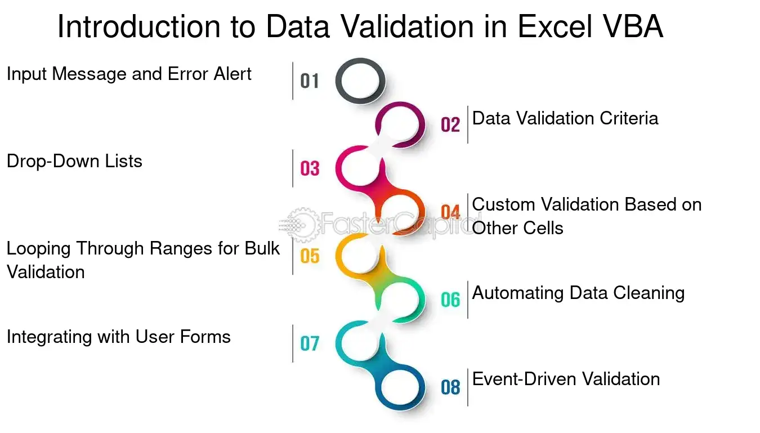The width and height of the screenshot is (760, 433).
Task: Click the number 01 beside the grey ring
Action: (x=310, y=81)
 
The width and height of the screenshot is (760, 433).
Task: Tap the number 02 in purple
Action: (x=450, y=124)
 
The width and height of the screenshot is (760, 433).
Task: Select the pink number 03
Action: (x=310, y=169)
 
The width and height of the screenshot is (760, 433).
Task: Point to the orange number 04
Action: (x=450, y=212)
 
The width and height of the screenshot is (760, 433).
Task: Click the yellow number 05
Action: (x=310, y=256)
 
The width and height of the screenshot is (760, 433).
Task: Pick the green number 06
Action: (x=450, y=300)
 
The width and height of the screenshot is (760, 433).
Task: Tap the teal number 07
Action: (x=310, y=343)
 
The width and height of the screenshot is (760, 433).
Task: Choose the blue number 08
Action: (x=450, y=387)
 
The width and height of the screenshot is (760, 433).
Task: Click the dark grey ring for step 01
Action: (x=338, y=81)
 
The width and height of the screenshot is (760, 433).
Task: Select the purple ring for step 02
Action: (x=422, y=124)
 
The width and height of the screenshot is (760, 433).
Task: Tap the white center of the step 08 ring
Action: (x=400, y=387)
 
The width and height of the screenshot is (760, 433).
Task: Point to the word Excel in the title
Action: (x=555, y=26)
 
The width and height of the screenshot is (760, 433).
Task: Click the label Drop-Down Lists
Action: (x=74, y=161)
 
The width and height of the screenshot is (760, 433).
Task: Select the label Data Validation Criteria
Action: (x=565, y=118)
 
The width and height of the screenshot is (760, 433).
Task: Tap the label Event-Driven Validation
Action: (x=566, y=379)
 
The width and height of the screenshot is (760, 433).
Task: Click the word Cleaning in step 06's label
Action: (x=649, y=293)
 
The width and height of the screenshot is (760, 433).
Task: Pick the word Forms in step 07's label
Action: (x=205, y=337)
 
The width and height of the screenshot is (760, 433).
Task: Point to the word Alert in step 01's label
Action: (x=233, y=74)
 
